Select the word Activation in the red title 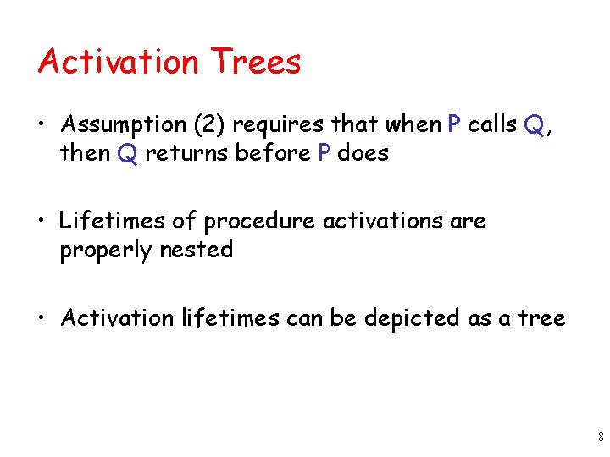coord(118,62)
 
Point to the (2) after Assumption coord(209,125)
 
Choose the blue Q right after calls coord(534,125)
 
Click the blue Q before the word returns coord(128,154)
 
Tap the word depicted coord(411,318)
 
